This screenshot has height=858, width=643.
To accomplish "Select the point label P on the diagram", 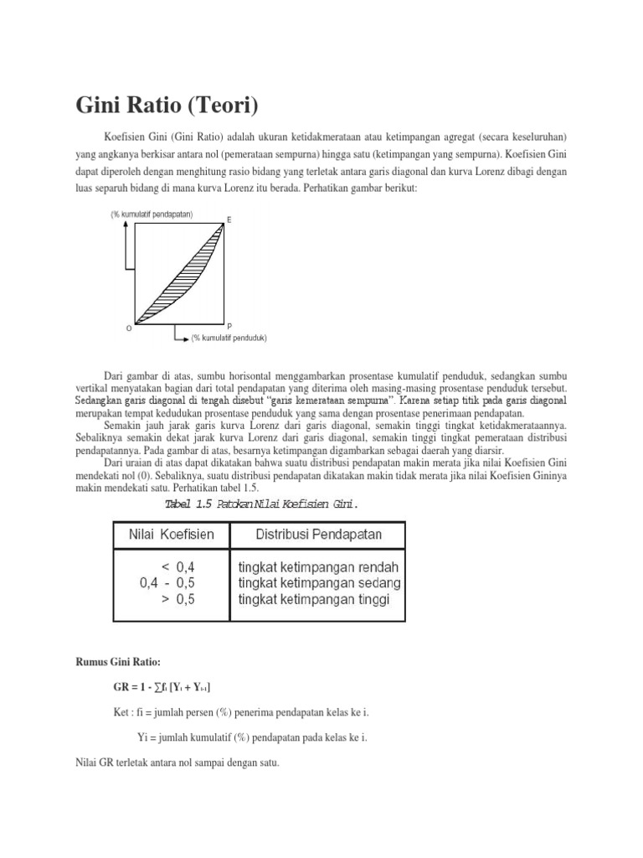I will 229,325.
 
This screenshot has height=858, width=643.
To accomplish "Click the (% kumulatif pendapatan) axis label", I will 152,214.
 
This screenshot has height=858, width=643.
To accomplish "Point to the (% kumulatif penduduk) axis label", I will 229,339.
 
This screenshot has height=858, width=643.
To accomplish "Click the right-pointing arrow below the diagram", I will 183,339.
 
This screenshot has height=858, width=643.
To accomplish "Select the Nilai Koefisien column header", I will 170,535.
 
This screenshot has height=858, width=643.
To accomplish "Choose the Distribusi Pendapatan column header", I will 318,535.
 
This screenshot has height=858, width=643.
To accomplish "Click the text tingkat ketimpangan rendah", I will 318,566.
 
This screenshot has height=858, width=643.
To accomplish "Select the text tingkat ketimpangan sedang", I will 319,582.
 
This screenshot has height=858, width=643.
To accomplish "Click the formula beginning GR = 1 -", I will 162,687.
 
